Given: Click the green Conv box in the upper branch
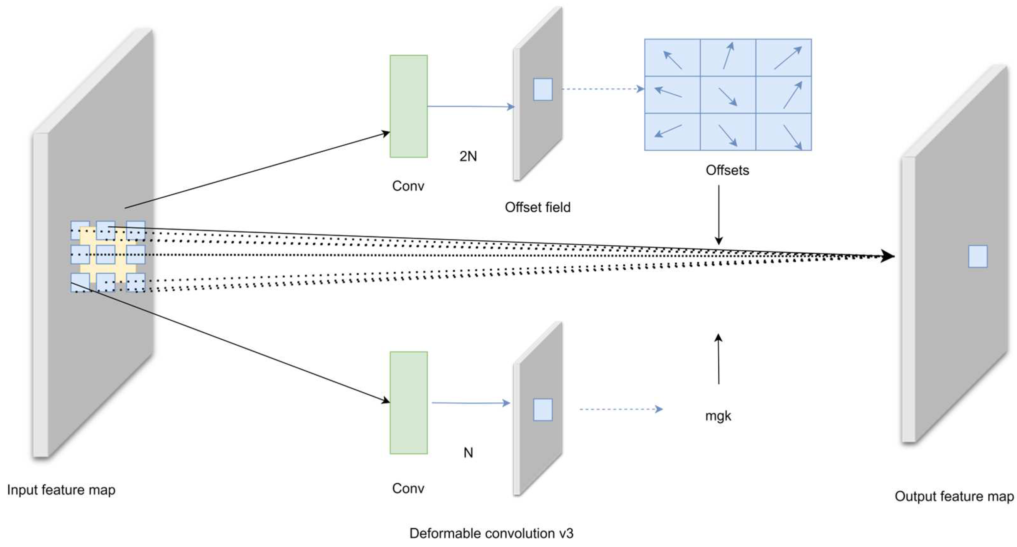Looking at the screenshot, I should [x=408, y=106].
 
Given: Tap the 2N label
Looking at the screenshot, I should [x=468, y=156].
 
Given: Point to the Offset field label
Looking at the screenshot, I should [x=537, y=207].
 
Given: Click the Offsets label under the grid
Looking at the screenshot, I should [x=727, y=170].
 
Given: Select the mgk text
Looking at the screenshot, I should [x=718, y=416].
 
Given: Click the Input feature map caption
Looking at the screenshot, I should [x=61, y=490].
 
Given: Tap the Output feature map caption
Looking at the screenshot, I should [x=954, y=496].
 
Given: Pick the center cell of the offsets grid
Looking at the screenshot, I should [x=728, y=95].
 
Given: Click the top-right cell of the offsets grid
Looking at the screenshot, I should [x=783, y=58].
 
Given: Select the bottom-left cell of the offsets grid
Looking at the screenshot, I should [x=672, y=132].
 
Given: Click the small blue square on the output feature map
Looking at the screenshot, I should [x=977, y=256].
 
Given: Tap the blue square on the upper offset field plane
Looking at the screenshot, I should [x=543, y=89].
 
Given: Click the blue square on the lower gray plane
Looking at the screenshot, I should [x=543, y=410].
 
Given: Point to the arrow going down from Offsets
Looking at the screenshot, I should [x=718, y=215].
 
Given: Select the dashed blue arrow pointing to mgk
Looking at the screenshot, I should [x=621, y=409].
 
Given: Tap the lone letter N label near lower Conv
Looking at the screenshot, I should [x=468, y=453].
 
